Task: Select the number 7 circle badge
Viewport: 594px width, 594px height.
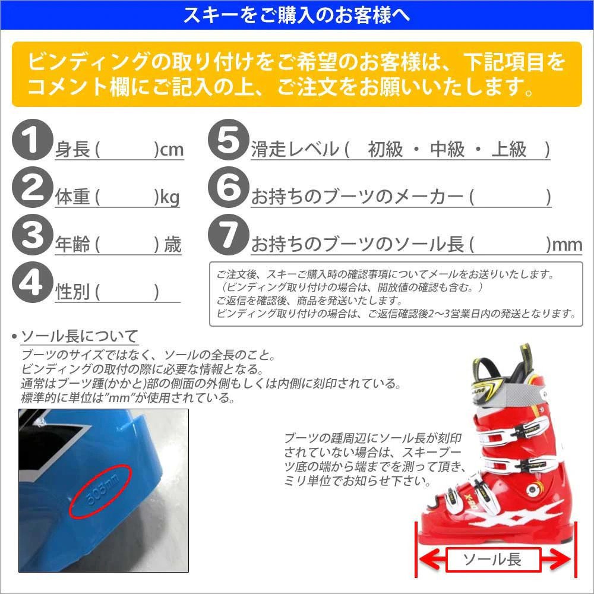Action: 228,235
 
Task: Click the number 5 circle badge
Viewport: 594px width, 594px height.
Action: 228,140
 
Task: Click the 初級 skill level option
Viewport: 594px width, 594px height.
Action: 385,150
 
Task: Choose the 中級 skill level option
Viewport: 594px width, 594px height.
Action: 447,150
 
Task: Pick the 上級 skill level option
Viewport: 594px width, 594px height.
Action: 509,150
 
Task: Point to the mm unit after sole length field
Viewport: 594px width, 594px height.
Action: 567,245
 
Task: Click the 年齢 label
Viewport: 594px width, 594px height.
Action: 72,245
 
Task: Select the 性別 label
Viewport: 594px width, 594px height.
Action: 72,292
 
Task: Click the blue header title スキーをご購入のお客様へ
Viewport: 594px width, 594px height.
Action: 296,15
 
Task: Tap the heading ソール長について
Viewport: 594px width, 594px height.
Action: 79,337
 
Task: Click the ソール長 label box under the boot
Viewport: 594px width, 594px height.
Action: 492,559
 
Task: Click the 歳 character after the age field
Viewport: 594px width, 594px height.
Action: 173,245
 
